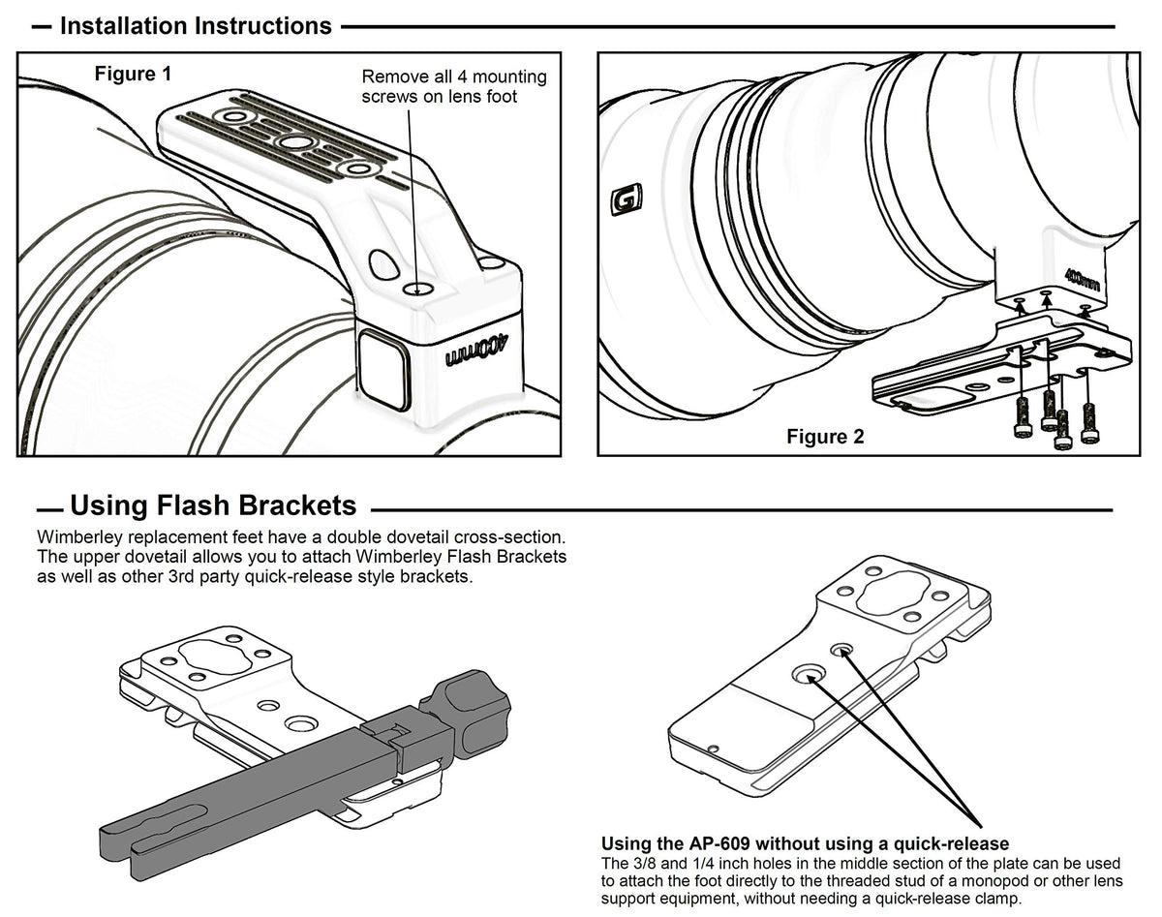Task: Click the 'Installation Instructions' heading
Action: (x=196, y=26)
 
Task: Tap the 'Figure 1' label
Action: (x=124, y=74)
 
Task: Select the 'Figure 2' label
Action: (x=825, y=437)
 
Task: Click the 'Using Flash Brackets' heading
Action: (x=213, y=505)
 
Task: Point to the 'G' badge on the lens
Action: (x=620, y=200)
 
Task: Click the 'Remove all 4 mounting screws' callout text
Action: (x=453, y=86)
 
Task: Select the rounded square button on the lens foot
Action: (x=382, y=367)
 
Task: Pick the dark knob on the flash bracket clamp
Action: (x=471, y=715)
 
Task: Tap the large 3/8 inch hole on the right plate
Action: (x=806, y=674)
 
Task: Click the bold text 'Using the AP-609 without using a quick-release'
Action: (x=805, y=843)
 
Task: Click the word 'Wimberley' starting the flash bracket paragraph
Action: (x=80, y=536)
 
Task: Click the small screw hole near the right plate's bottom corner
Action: (x=714, y=749)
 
